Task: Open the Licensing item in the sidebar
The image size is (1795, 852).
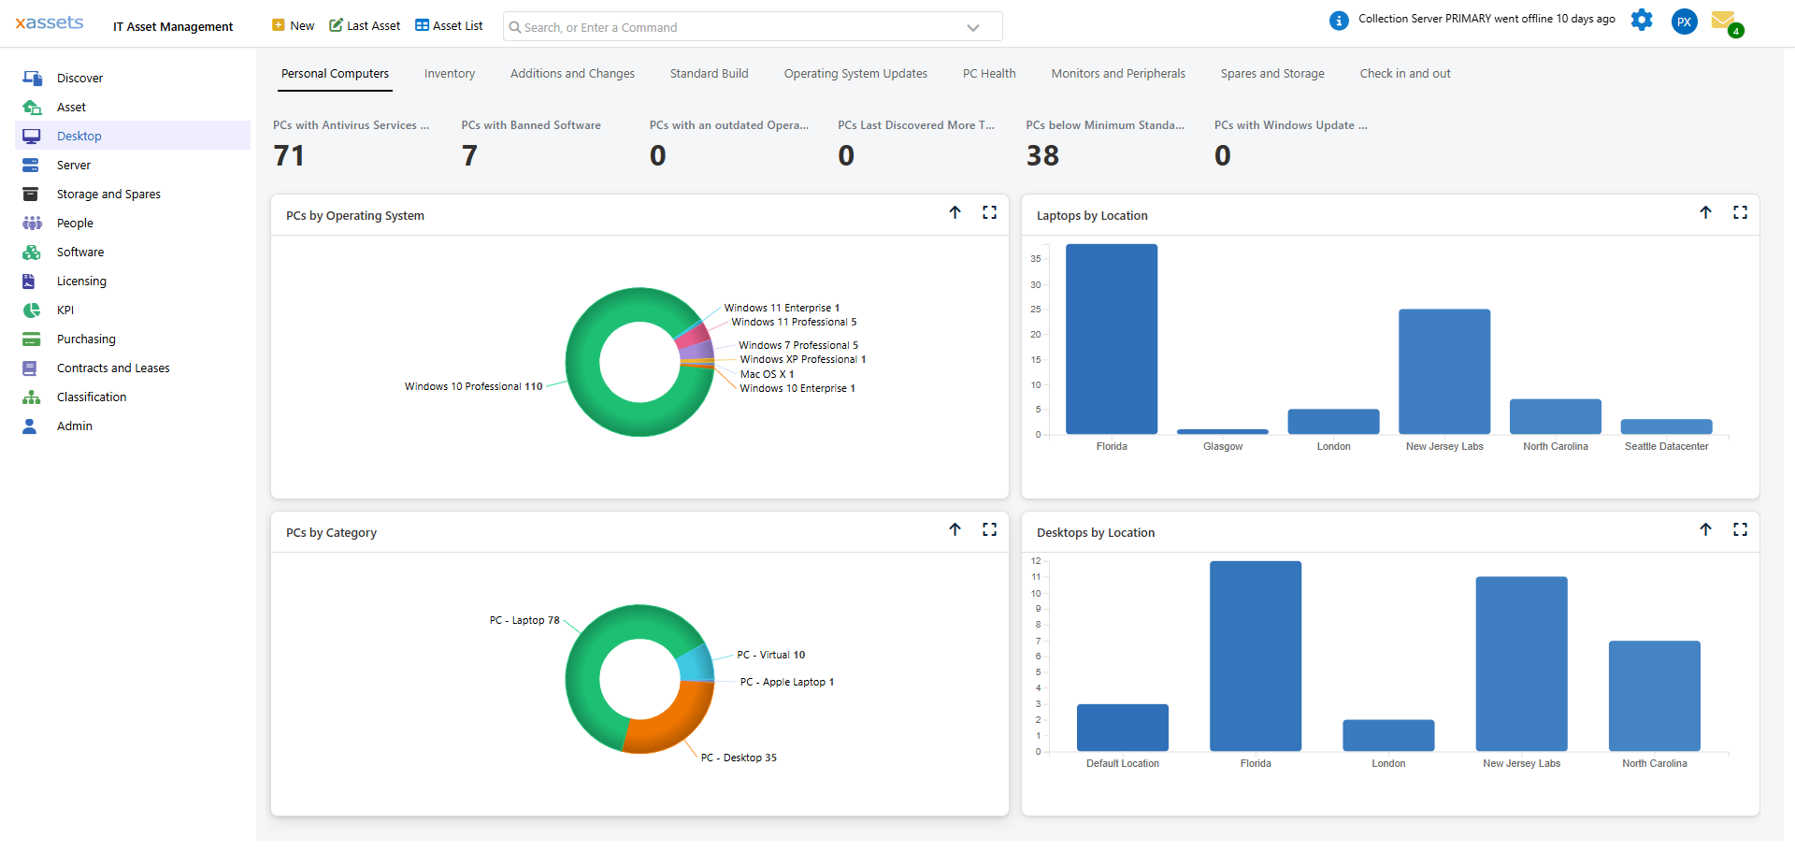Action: (81, 282)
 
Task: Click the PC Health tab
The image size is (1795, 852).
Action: (988, 74)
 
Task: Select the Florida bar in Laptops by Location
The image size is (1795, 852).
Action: (1111, 339)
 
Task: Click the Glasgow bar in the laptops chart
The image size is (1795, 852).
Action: (1222, 432)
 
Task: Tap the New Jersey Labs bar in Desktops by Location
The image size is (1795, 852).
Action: (1521, 664)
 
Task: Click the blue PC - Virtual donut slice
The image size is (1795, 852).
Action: (696, 663)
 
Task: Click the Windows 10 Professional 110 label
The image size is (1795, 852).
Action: (473, 386)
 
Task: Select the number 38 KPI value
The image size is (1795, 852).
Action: (1042, 155)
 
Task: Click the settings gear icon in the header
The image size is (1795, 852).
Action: (1642, 20)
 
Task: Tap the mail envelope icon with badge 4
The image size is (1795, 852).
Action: (1723, 21)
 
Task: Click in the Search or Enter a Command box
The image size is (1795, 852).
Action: (739, 27)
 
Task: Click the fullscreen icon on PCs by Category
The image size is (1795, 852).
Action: (989, 530)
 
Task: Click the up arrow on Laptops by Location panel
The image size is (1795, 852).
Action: (1705, 213)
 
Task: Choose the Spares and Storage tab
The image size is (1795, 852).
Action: (1271, 74)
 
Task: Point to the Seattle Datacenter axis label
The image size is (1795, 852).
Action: (1666, 447)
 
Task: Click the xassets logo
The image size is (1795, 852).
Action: (50, 22)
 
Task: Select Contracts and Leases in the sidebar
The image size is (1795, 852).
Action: (113, 368)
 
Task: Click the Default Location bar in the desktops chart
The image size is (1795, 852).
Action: (1122, 728)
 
